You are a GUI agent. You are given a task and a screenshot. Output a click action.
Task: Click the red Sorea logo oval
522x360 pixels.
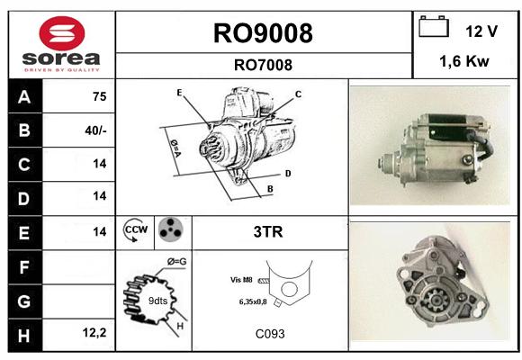click(62, 33)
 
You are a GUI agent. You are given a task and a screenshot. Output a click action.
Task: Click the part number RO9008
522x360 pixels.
click(263, 33)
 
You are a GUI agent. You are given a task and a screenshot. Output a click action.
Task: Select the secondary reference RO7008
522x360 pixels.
click(263, 65)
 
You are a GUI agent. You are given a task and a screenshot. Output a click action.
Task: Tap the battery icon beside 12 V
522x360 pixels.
click(434, 27)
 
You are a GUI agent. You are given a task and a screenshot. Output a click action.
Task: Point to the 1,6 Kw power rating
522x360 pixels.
click(464, 61)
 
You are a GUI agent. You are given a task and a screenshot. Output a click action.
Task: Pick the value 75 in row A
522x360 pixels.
click(100, 96)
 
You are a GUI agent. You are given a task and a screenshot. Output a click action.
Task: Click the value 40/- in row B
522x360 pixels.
click(95, 130)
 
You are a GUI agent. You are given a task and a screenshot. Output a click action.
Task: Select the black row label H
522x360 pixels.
click(25, 335)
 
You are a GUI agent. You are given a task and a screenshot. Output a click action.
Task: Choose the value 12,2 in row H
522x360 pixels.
click(94, 332)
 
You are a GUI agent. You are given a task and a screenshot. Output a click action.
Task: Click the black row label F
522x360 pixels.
click(25, 267)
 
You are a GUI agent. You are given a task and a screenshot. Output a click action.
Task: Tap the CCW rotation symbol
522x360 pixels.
click(135, 229)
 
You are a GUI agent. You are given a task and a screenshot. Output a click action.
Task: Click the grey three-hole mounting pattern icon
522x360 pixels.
click(171, 229)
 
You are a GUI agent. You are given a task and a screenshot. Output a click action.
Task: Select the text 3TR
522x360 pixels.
click(268, 232)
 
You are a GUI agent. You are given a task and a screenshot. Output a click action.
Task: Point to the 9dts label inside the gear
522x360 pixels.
click(157, 301)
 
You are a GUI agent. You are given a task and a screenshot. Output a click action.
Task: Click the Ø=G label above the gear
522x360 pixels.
click(176, 262)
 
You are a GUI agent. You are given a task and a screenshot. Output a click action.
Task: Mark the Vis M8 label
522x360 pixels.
click(241, 280)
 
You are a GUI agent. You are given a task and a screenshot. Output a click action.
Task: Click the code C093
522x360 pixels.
click(270, 334)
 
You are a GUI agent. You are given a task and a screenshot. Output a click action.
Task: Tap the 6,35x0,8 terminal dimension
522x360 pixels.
click(253, 301)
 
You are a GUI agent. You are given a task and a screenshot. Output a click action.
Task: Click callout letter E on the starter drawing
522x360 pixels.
click(179, 93)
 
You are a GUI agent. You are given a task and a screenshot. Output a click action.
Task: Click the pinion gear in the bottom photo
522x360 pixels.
click(435, 300)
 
